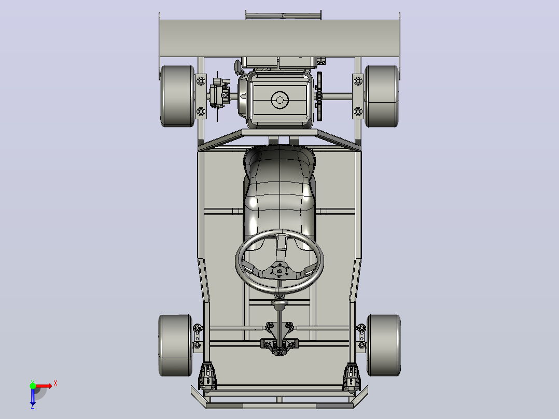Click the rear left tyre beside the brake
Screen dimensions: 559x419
pos(177,96)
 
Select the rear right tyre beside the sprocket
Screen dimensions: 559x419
pos(382,96)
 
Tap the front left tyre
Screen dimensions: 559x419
pos(175,345)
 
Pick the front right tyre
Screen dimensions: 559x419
pos(384,345)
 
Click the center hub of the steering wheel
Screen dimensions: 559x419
pos(279,271)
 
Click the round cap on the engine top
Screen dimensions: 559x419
pos(279,100)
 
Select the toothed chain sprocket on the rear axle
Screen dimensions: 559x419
pos(319,96)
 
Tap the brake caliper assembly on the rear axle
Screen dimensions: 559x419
pos(219,93)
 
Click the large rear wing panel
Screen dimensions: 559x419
pos(279,38)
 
